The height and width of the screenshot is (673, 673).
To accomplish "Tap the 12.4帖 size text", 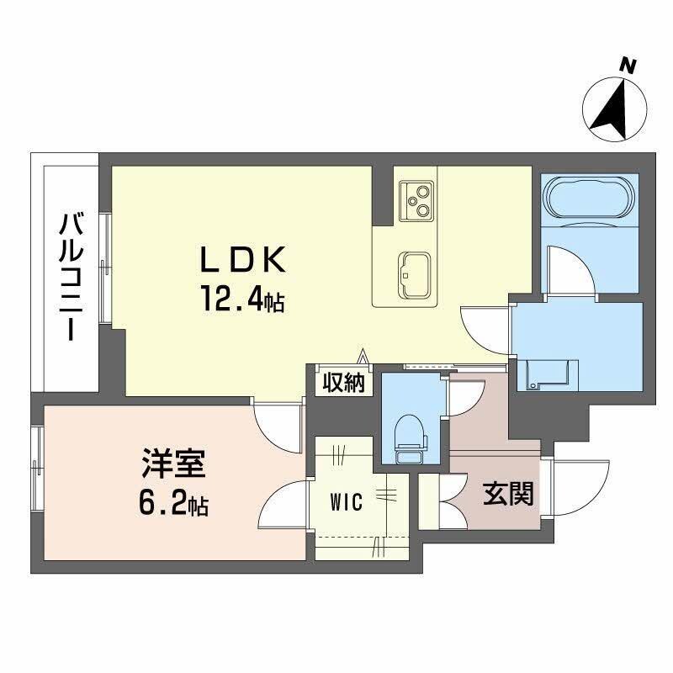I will point(241,299).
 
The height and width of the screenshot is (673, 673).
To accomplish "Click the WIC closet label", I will point(346,503).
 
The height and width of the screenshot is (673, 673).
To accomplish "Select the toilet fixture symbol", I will point(410,437).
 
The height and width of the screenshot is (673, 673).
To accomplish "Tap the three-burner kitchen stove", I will point(416,199).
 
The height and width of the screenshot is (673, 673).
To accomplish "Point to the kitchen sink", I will point(414,268).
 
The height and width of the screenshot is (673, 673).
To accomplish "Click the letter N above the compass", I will point(626,64).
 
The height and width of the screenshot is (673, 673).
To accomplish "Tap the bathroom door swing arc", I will point(564,265).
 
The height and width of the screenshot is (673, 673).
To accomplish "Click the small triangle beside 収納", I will point(363,357).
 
